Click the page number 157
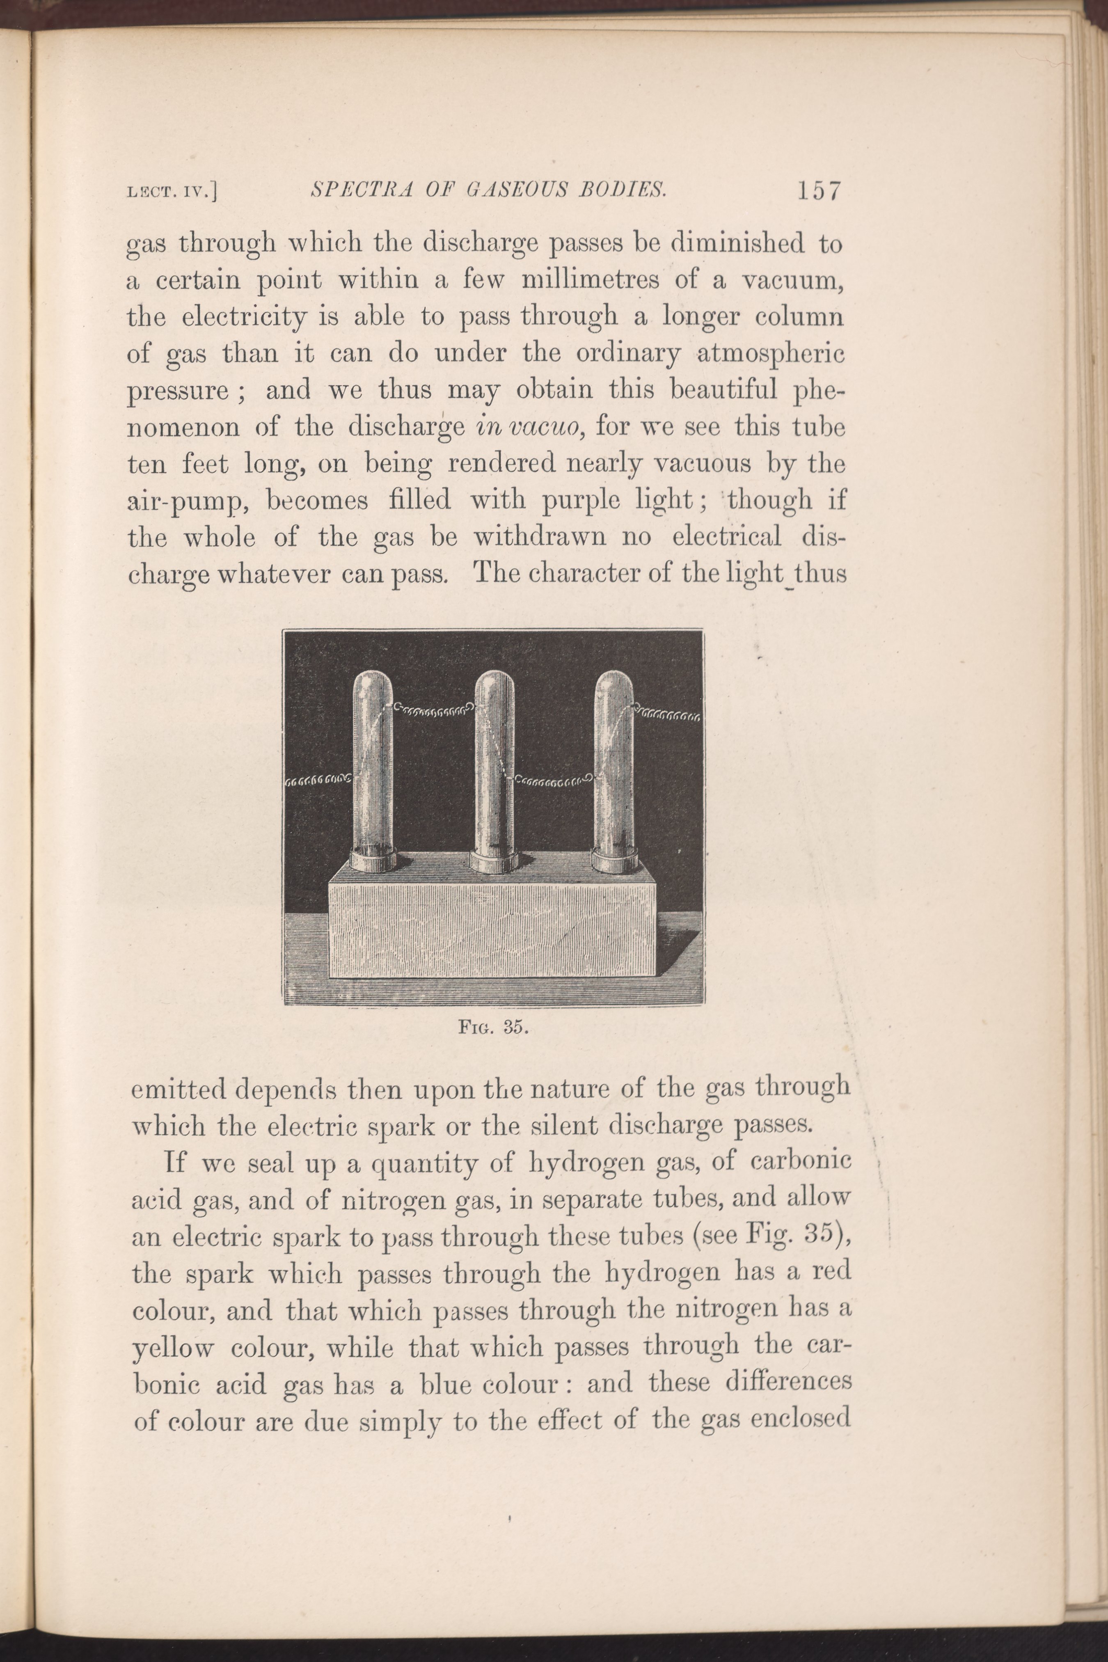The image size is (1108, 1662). click(x=819, y=191)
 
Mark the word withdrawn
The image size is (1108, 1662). click(x=539, y=538)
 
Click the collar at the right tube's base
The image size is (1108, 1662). click(x=614, y=863)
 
